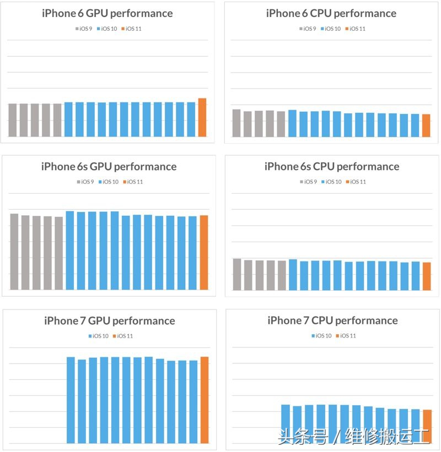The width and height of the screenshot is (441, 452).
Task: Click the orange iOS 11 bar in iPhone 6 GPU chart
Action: click(202, 118)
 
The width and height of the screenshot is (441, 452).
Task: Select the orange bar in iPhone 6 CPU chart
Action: click(426, 126)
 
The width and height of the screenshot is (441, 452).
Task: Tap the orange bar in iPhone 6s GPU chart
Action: click(204, 252)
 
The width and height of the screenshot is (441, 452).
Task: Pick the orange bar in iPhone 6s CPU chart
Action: click(427, 276)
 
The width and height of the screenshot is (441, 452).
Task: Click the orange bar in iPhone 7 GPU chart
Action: click(205, 400)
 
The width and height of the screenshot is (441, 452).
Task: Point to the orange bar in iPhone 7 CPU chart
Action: click(427, 426)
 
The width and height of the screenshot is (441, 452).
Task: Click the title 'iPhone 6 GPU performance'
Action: click(107, 13)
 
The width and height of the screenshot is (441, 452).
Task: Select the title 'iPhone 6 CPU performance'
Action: click(331, 13)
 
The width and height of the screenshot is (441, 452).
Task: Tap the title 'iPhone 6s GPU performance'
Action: click(109, 167)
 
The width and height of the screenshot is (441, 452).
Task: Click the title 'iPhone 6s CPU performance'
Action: click(332, 167)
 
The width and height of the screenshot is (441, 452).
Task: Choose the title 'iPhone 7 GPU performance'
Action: click(110, 321)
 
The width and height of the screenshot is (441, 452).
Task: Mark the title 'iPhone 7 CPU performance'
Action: click(332, 320)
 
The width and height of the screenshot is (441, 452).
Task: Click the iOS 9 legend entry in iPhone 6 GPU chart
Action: click(84, 29)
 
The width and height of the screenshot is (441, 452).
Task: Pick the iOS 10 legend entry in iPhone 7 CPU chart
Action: click(321, 336)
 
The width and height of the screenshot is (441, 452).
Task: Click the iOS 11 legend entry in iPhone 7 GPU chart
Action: click(124, 336)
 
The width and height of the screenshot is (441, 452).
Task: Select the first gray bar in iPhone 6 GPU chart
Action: click(13, 120)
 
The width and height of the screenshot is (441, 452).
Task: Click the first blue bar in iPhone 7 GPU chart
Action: click(71, 400)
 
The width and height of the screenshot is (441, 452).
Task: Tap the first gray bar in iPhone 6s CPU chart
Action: click(237, 274)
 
